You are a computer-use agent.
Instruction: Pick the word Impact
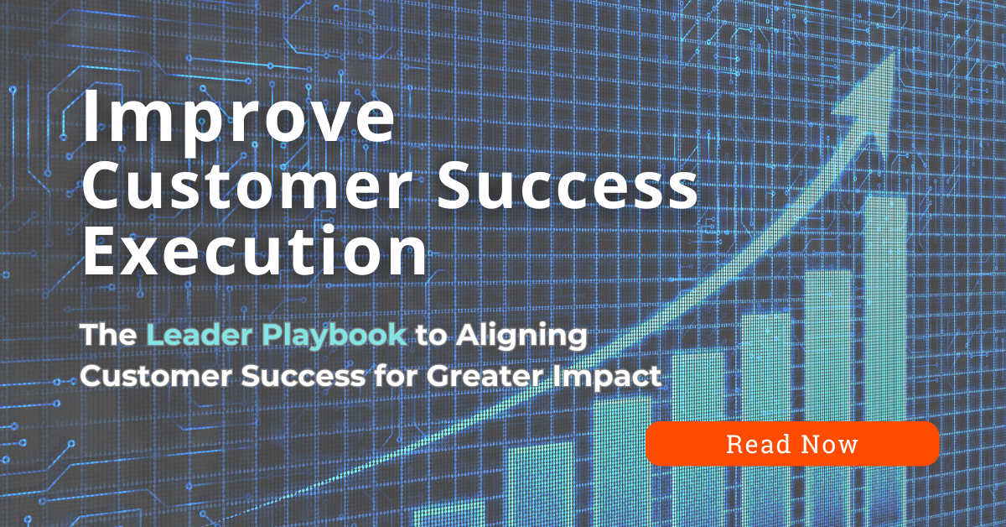coord(611,376)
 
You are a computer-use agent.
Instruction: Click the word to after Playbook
coord(433,336)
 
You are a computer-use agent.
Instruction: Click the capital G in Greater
coord(438,376)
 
